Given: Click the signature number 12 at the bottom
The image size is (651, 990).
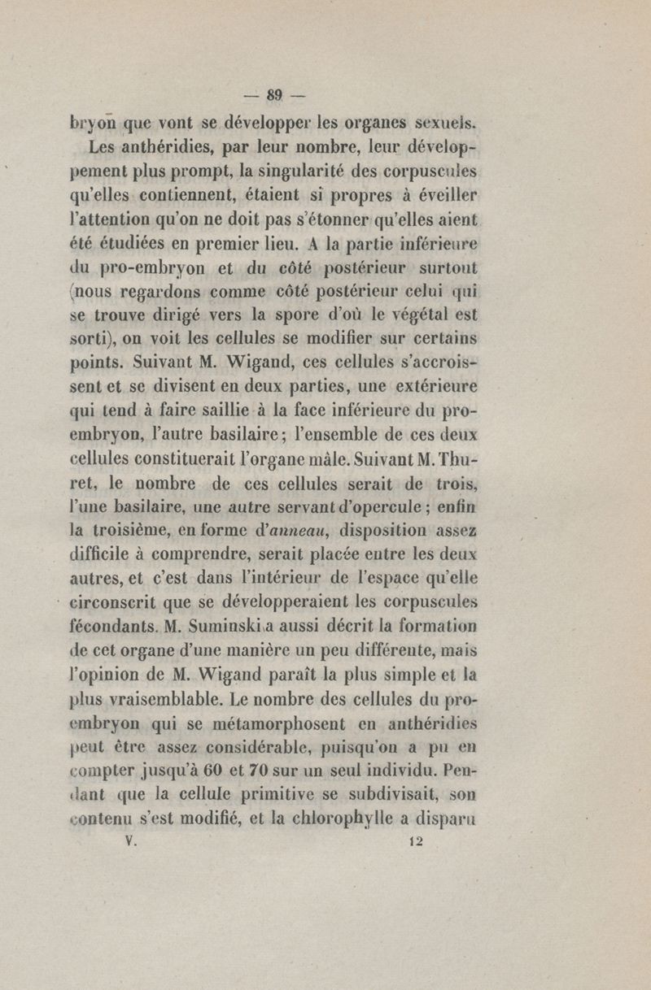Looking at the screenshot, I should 416,843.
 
